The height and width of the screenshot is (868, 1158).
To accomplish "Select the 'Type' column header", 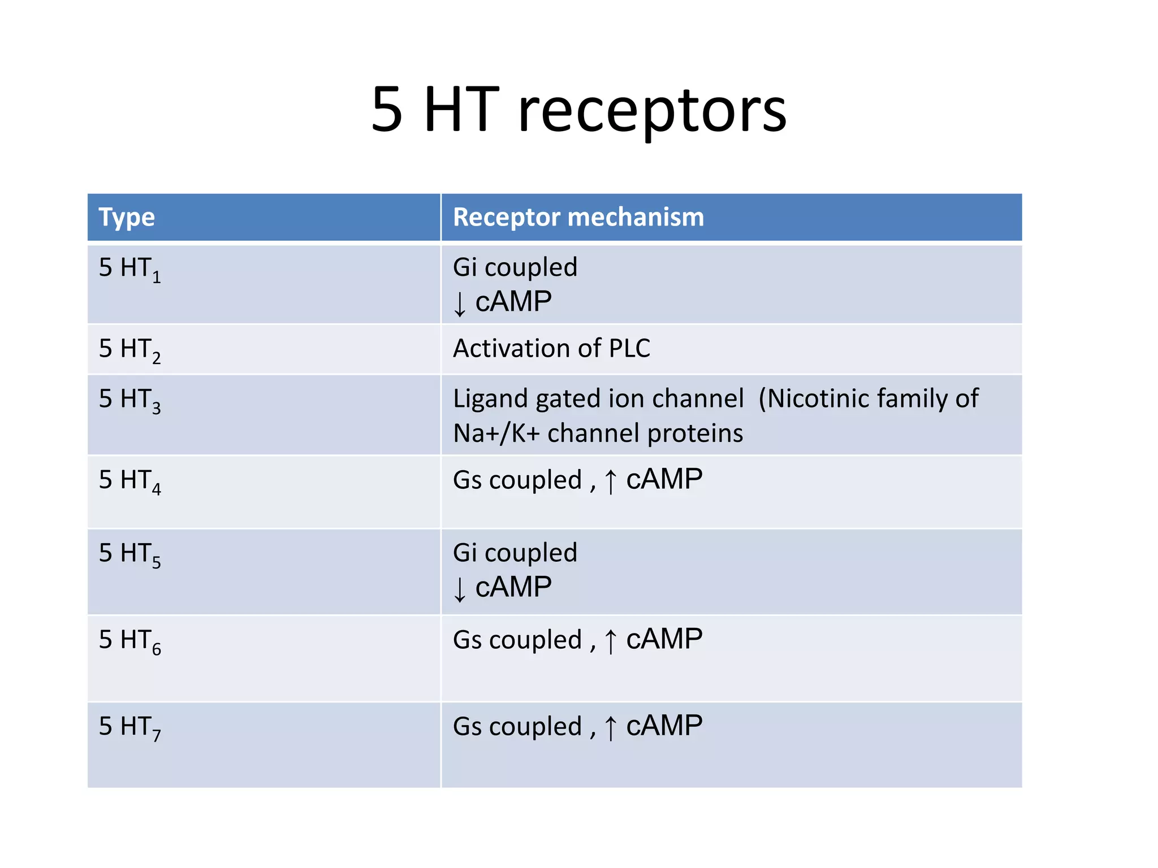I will click(127, 217).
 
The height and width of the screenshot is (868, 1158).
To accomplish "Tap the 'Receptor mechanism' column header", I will click(578, 217).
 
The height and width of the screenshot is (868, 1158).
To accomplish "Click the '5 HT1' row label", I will click(129, 268).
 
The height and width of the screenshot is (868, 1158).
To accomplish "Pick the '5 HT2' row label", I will click(129, 349).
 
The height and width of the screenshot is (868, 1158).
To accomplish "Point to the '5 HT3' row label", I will click(129, 400).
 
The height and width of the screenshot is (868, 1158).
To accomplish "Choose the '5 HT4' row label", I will click(129, 480).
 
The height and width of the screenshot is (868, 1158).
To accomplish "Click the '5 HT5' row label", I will click(129, 554).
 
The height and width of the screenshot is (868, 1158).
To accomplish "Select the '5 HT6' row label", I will click(129, 640).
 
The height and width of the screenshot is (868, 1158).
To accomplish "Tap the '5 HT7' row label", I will click(129, 727).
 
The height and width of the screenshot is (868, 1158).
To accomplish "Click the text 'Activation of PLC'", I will click(551, 348).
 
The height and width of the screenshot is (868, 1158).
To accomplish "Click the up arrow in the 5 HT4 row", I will click(610, 481).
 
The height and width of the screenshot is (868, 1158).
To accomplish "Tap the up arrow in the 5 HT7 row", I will click(610, 728).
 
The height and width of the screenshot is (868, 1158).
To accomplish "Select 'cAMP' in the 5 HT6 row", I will click(664, 640).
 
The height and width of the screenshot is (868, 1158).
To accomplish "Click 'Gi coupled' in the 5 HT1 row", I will click(515, 267).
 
